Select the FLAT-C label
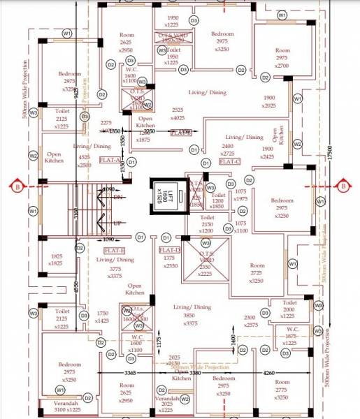tap(229, 161)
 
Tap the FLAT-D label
tap(169, 249)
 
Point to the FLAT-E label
tap(114, 249)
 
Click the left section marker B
tap(17, 186)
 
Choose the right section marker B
tap(343, 186)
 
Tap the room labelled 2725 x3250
tap(257, 272)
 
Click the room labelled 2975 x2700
tap(282, 58)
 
